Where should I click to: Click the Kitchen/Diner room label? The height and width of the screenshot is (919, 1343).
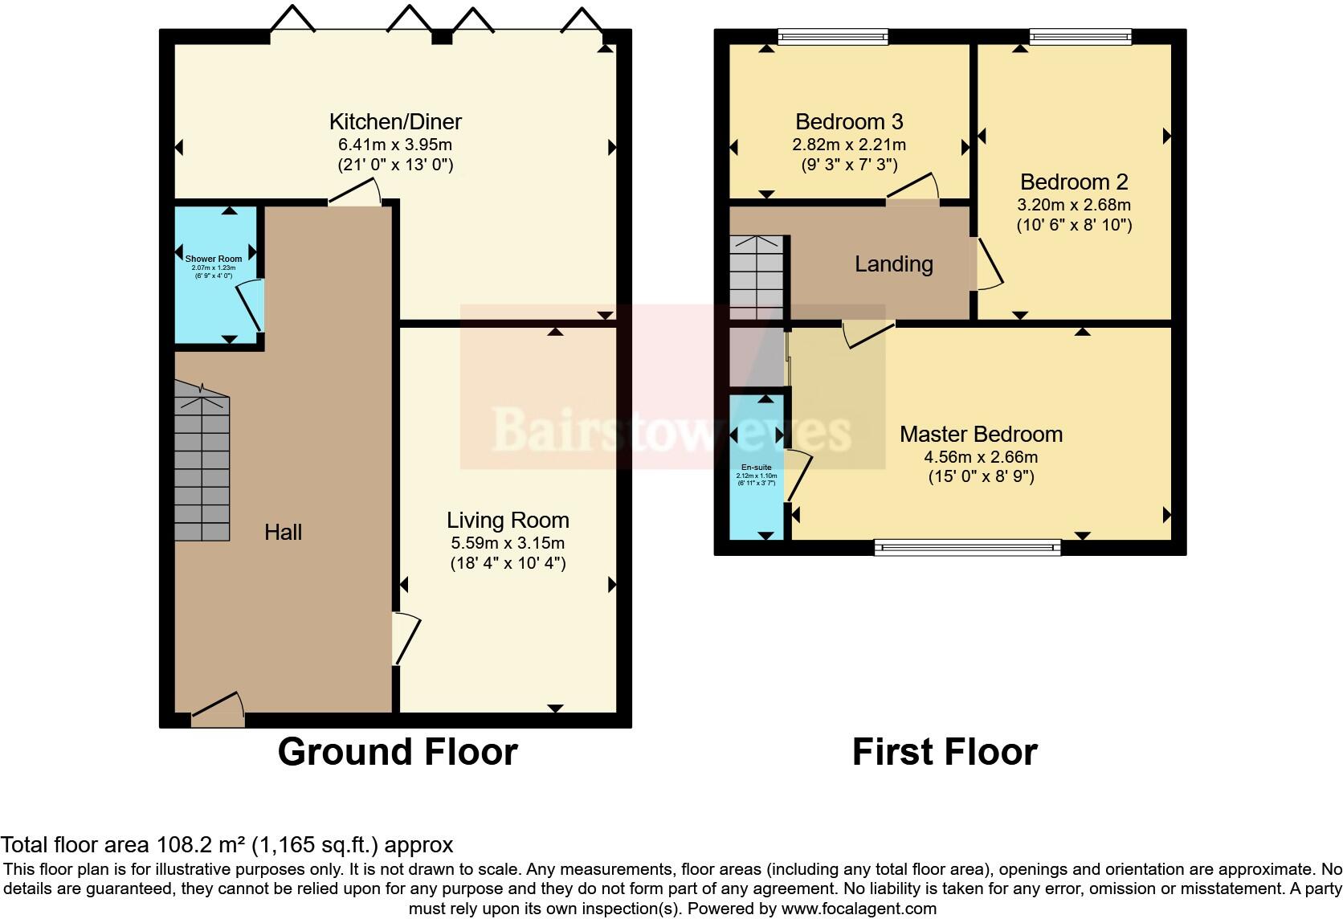pyautogui.click(x=395, y=122)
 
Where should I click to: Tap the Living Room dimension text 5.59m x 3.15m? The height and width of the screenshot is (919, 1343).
pyautogui.click(x=508, y=543)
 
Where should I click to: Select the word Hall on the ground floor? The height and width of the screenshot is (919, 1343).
pyautogui.click(x=284, y=532)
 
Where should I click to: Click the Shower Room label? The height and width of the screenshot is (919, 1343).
pyautogui.click(x=214, y=259)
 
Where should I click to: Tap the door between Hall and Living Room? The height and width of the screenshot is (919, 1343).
pyautogui.click(x=406, y=639)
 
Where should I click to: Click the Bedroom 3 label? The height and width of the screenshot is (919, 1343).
pyautogui.click(x=849, y=122)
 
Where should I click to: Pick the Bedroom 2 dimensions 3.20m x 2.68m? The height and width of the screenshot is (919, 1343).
pyautogui.click(x=1074, y=205)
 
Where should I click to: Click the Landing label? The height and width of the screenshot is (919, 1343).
pyautogui.click(x=893, y=264)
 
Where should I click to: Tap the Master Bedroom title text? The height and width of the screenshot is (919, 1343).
pyautogui.click(x=981, y=435)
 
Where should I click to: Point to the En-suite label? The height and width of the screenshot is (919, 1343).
pyautogui.click(x=756, y=467)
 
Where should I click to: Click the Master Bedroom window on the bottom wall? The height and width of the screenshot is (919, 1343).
pyautogui.click(x=967, y=547)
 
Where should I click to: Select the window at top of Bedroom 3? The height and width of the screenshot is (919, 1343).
pyautogui.click(x=833, y=35)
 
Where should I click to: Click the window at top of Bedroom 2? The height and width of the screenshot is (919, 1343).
pyautogui.click(x=1080, y=35)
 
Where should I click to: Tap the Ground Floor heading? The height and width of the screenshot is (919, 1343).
pyautogui.click(x=398, y=752)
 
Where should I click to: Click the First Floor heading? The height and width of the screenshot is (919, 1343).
pyautogui.click(x=945, y=752)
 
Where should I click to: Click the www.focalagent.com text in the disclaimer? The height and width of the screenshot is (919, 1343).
pyautogui.click(x=859, y=909)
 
